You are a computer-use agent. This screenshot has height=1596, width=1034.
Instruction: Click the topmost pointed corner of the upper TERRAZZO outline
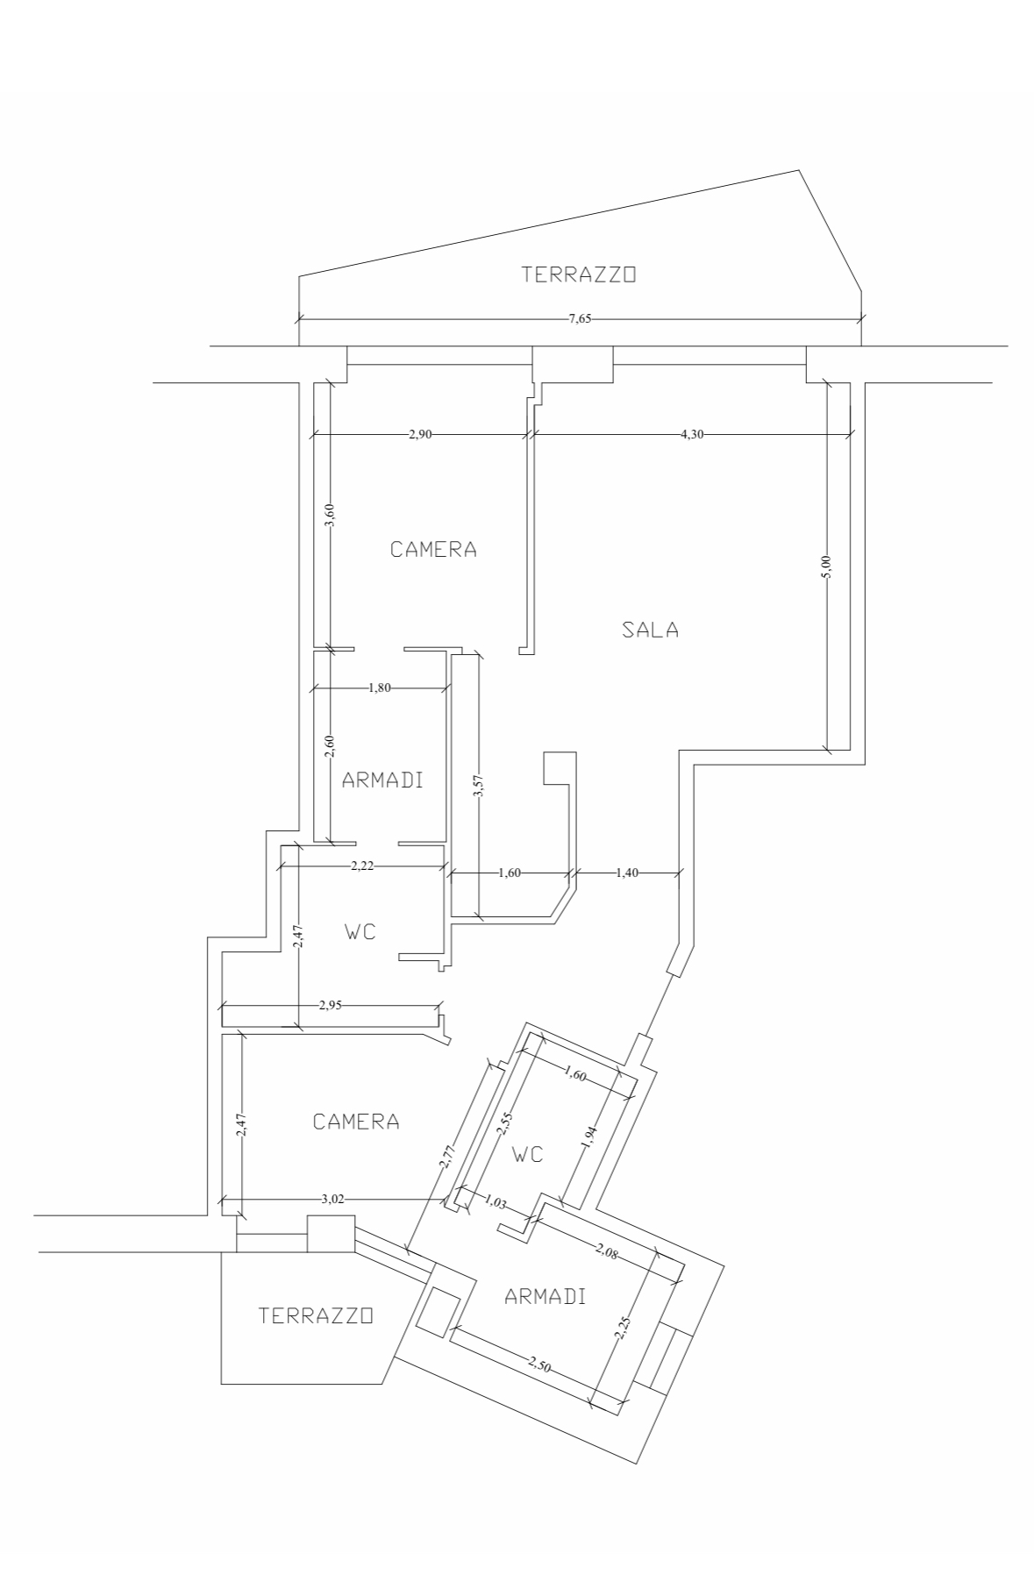click(798, 170)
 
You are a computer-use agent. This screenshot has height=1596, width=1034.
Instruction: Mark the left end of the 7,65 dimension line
click(299, 319)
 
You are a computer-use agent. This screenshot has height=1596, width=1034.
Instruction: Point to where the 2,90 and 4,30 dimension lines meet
click(530, 433)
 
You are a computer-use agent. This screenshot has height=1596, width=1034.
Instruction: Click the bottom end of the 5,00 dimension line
click(827, 750)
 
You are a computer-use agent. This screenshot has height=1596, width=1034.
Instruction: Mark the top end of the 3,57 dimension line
click(479, 654)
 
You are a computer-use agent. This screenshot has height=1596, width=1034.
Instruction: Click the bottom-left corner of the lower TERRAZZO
click(221, 1384)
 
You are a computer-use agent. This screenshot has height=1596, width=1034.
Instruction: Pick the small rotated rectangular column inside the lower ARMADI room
click(436, 1313)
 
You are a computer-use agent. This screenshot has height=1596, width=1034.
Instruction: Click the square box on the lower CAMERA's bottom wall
click(331, 1233)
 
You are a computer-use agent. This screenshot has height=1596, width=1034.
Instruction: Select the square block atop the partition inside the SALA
click(560, 767)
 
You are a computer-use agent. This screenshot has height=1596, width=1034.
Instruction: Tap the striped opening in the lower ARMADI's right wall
click(664, 1357)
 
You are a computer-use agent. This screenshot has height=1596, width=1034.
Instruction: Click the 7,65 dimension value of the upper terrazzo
click(580, 319)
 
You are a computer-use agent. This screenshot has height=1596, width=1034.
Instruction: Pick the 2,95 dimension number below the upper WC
click(330, 1005)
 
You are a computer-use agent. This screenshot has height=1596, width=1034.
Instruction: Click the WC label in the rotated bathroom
click(528, 1154)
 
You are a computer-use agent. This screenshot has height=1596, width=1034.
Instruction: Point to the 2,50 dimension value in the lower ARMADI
click(541, 1363)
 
